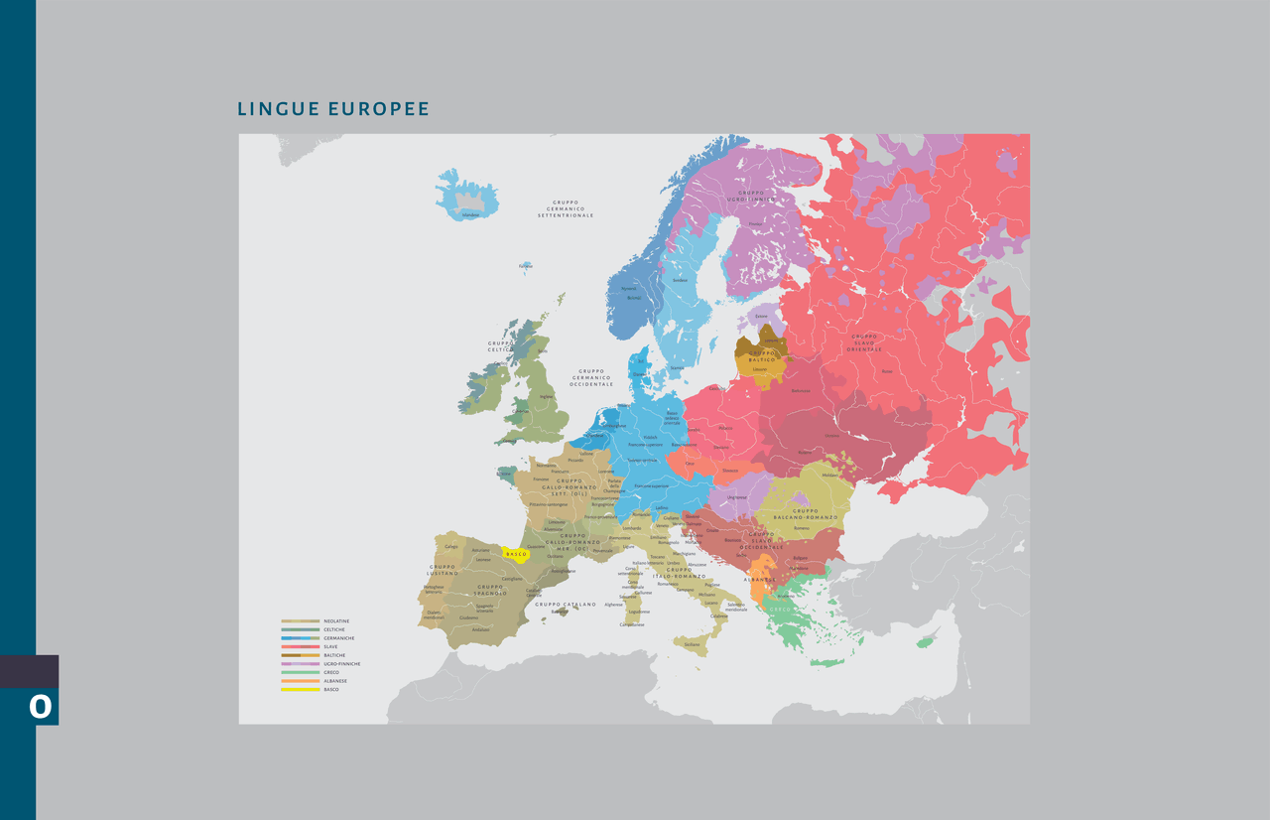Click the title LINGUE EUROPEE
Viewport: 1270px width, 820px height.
click(333, 109)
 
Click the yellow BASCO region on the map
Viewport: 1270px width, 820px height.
click(516, 554)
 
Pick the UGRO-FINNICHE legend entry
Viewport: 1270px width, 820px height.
click(340, 663)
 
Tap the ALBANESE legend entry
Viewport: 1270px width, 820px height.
click(334, 681)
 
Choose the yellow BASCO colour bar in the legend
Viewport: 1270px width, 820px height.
click(300, 689)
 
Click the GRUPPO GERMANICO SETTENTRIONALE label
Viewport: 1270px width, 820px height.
click(566, 208)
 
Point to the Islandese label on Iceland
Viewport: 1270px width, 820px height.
click(470, 214)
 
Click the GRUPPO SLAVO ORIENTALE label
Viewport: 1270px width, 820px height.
click(864, 342)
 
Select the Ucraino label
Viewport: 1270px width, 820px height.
click(832, 435)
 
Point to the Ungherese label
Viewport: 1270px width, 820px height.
click(736, 496)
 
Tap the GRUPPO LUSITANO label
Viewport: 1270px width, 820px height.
click(443, 570)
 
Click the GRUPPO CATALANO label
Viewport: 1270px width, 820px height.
click(566, 604)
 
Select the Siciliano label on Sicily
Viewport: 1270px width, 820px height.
click(692, 644)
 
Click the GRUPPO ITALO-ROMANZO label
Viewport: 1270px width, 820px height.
click(686, 573)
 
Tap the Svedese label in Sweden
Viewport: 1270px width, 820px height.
click(680, 280)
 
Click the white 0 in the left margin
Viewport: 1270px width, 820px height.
click(40, 707)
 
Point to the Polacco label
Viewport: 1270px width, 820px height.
click(725, 428)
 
